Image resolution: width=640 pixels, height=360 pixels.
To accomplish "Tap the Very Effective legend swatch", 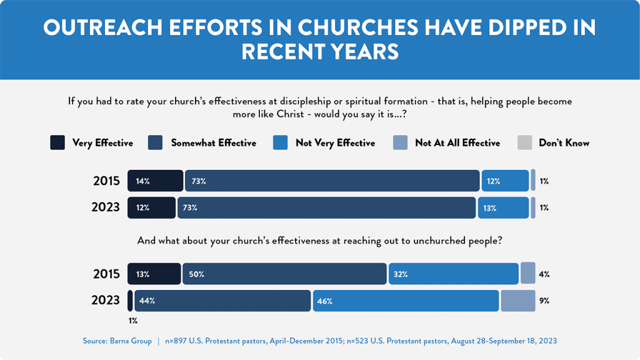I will pos(57,143).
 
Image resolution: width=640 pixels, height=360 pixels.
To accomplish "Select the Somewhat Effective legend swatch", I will pos(156,143).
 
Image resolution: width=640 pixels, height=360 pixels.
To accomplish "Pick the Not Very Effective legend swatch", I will pos(281,143).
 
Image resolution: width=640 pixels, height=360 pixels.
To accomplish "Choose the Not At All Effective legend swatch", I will pos(400,143).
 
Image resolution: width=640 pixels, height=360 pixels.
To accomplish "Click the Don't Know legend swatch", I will pos(524,143).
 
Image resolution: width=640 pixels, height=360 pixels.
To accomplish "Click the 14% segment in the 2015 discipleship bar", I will pos(155,181).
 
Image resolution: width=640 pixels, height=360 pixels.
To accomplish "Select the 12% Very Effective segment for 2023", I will pos(151,207).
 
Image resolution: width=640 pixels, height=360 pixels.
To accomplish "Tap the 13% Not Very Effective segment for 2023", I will pos(503,207).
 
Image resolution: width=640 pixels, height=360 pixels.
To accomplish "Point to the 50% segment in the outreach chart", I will pos(284,274).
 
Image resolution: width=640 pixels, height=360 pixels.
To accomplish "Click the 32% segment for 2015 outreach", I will pos(453,274).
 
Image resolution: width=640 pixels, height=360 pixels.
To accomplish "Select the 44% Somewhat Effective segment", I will pos(222,301).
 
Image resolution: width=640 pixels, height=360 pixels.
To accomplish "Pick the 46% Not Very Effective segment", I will pos(406,301).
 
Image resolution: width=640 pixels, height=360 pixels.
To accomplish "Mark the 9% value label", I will pos(544,301).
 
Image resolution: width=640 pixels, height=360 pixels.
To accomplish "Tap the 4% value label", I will pos(544,274).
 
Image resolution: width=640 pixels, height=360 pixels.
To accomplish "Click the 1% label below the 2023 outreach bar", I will pos(132,321).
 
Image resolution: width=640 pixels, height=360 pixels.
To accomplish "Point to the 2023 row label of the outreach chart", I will pos(106,301).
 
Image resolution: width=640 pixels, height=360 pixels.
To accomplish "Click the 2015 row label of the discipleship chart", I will pos(106,181).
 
